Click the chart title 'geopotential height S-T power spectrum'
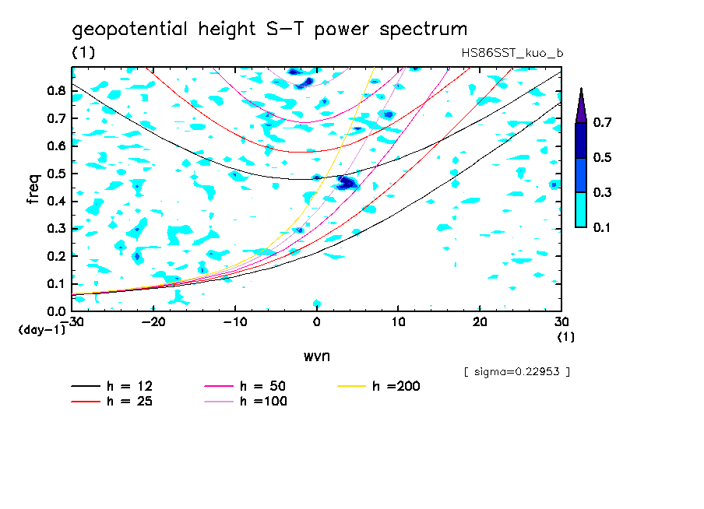tap(269, 30)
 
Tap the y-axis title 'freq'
tap(33, 188)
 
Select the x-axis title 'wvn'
tap(316, 356)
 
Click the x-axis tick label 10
tap(398, 321)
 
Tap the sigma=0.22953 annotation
tap(516, 372)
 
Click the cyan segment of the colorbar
tap(581, 209)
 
